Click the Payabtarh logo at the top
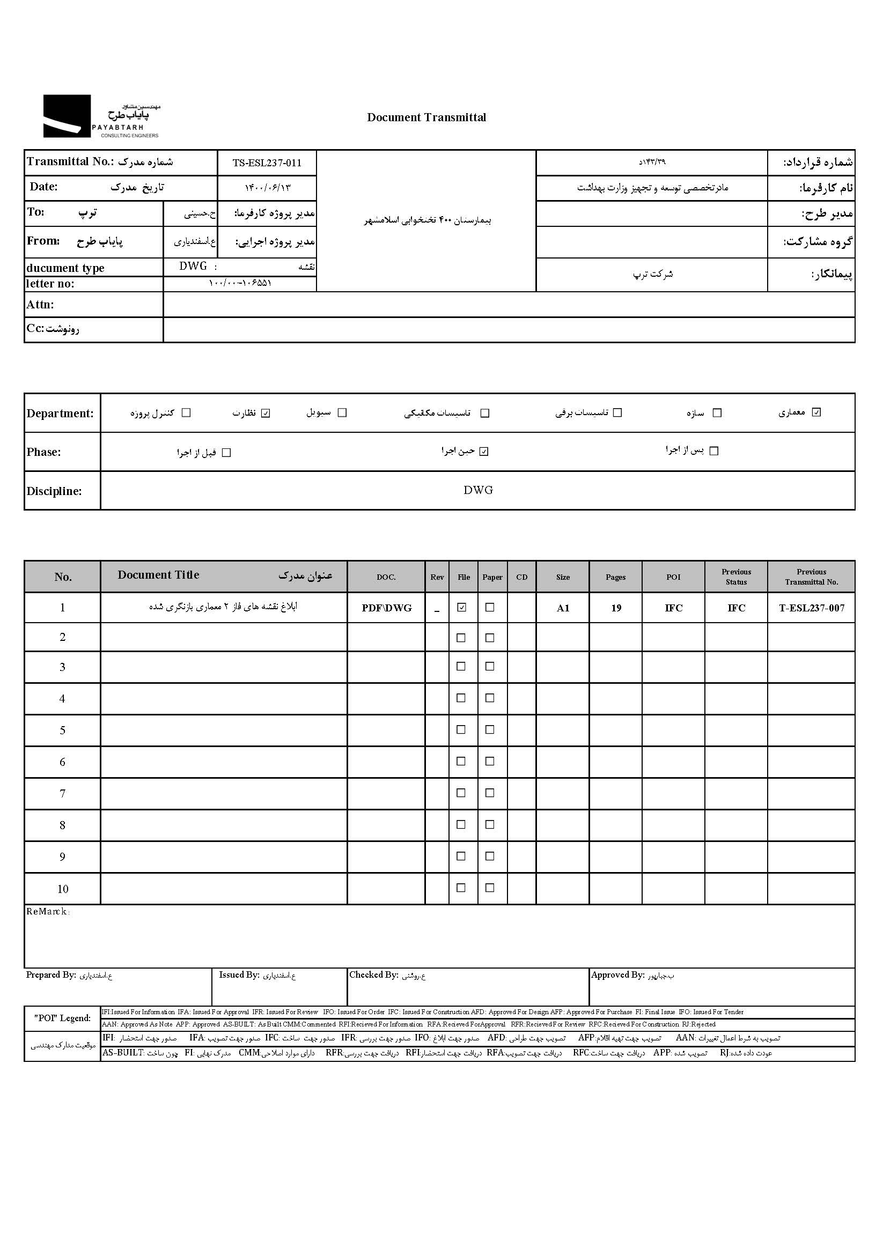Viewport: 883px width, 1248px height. [101, 116]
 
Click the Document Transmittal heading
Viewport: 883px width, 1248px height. [426, 117]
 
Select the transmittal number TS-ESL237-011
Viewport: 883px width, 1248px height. [267, 163]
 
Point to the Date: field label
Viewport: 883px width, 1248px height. [43, 187]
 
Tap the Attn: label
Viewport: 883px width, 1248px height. [40, 305]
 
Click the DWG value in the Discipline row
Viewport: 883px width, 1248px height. [478, 490]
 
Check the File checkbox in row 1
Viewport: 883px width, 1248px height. [462, 608]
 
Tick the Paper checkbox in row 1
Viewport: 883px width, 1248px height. [490, 608]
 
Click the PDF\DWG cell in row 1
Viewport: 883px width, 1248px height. [387, 608]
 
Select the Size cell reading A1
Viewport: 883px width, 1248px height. [563, 608]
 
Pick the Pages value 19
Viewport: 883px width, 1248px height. [616, 608]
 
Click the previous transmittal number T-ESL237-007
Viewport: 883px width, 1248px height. [812, 608]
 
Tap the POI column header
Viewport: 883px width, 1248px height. [673, 577]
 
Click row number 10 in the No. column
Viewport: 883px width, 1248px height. [63, 889]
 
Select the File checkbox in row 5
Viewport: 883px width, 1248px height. [461, 730]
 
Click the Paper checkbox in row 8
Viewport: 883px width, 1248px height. [490, 824]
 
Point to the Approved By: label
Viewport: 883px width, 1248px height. [617, 975]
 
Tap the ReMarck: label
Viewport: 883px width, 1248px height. [48, 912]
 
